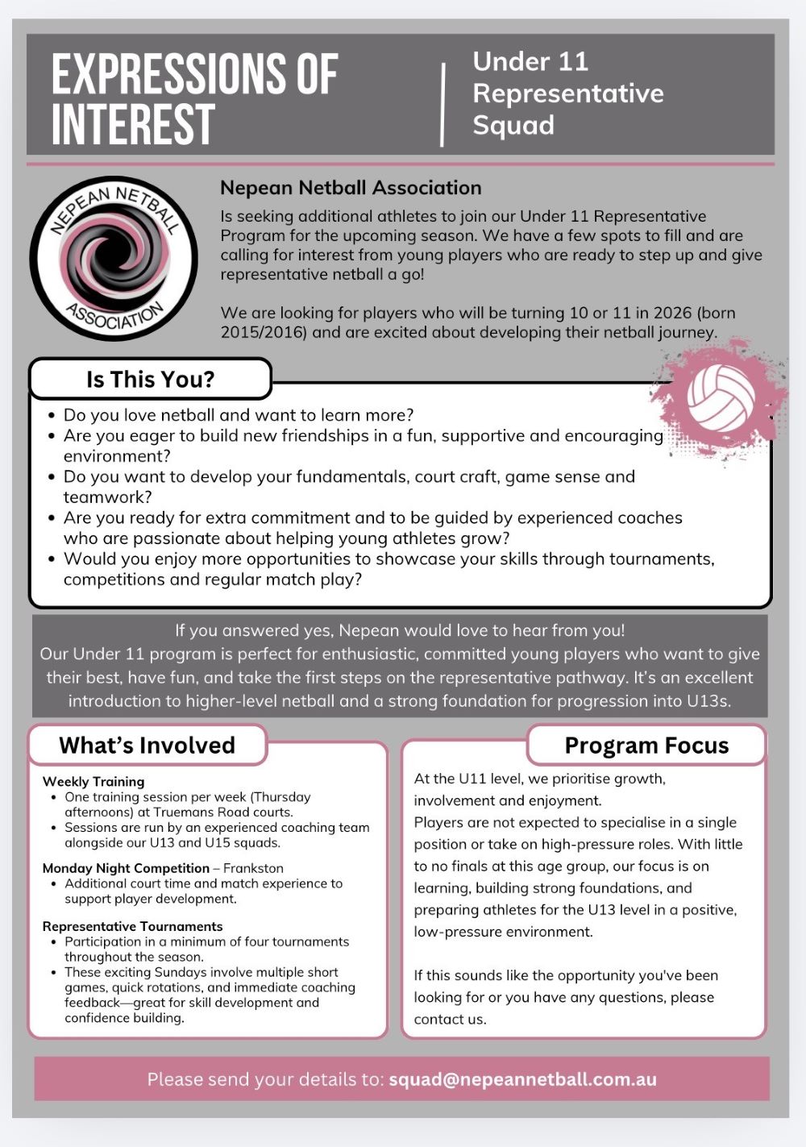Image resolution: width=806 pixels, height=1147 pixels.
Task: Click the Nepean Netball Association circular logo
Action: pyautogui.click(x=114, y=258)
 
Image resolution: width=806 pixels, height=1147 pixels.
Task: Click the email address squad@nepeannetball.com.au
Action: pyautogui.click(x=522, y=1079)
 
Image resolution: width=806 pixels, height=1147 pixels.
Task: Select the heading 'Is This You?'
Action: pyautogui.click(x=150, y=379)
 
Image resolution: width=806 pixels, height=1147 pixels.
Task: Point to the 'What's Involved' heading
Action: pyautogui.click(x=147, y=746)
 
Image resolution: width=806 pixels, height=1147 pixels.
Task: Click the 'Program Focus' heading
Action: pyautogui.click(x=646, y=746)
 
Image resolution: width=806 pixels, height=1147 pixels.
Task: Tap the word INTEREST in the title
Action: pyautogui.click(x=133, y=125)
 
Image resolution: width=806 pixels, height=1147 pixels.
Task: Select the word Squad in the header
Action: pyautogui.click(x=513, y=126)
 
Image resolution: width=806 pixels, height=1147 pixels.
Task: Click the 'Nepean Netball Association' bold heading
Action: pyautogui.click(x=351, y=188)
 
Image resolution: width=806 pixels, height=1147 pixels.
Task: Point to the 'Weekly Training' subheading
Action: pyautogui.click(x=93, y=781)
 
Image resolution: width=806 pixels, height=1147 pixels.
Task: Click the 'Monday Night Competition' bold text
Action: pyautogui.click(x=126, y=868)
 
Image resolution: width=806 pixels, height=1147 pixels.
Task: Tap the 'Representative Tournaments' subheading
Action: pyautogui.click(x=132, y=926)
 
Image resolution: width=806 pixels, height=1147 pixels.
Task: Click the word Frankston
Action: pyautogui.click(x=253, y=868)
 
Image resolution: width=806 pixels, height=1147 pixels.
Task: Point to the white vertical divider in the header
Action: pyautogui.click(x=442, y=105)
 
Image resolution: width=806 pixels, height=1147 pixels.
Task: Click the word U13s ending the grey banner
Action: pyautogui.click(x=708, y=700)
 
